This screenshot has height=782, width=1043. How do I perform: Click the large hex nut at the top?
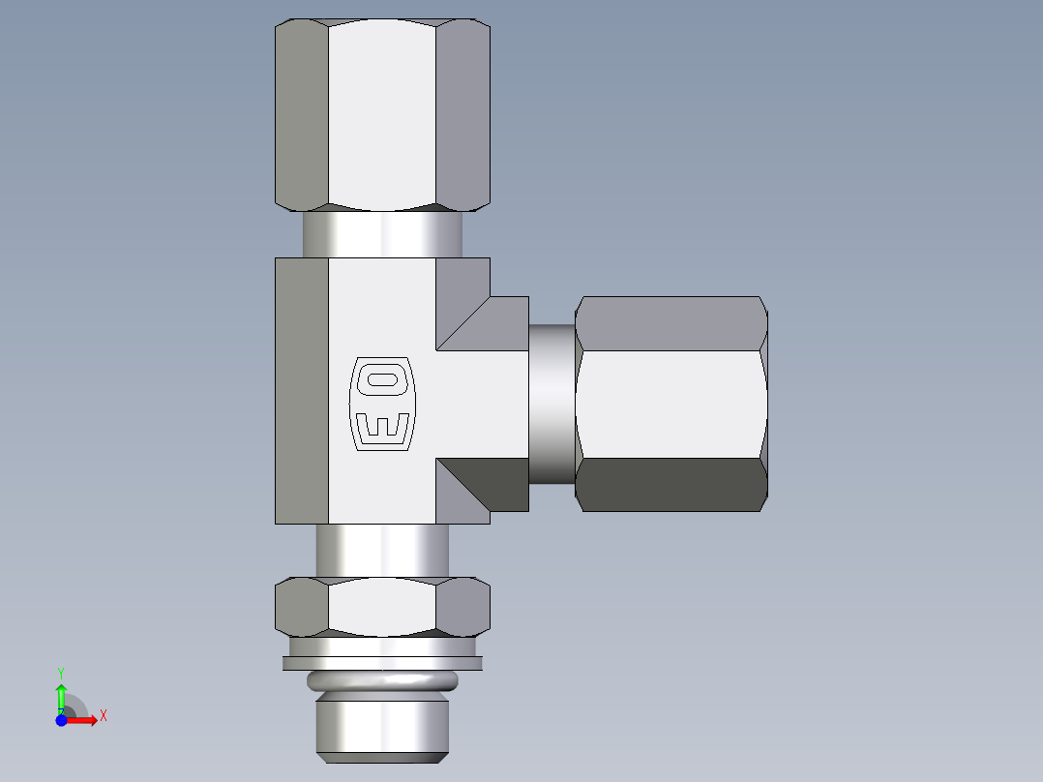382,114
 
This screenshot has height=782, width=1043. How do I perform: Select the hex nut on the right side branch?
671,403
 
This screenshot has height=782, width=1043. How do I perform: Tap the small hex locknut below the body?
382,607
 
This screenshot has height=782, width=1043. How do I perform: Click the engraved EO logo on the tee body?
381,404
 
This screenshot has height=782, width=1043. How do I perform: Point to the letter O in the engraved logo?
381,380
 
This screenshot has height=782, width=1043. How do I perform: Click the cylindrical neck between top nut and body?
382,234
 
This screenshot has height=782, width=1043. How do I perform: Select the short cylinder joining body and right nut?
552,403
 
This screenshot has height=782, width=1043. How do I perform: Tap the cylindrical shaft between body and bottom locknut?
382,551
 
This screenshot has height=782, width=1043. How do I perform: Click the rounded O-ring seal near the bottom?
382,681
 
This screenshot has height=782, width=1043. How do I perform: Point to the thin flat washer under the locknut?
382,663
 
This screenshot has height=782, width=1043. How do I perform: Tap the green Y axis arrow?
61,695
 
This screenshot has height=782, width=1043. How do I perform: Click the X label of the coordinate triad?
104,716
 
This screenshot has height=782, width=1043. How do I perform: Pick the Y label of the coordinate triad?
61,672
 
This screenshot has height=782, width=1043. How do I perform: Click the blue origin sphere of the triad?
61,720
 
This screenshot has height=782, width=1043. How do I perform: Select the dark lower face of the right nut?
671,484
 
